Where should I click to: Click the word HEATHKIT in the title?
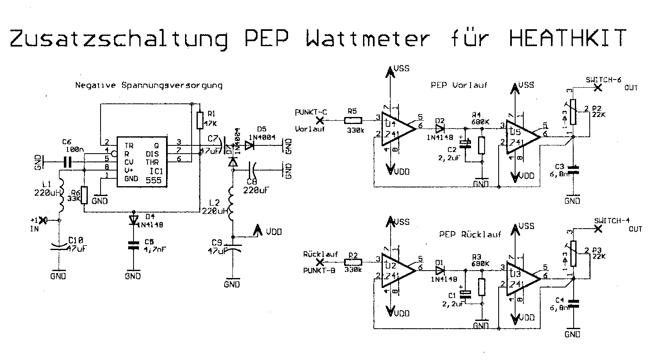567,38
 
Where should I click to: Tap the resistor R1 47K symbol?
199,120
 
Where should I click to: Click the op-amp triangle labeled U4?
396,129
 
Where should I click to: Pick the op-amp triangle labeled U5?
521,137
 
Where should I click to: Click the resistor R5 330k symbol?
353,120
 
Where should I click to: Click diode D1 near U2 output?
441,271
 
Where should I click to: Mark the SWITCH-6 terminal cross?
598,88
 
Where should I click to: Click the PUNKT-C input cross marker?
319,120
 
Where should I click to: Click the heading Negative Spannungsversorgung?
149,86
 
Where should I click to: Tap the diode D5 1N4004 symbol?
249,145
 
